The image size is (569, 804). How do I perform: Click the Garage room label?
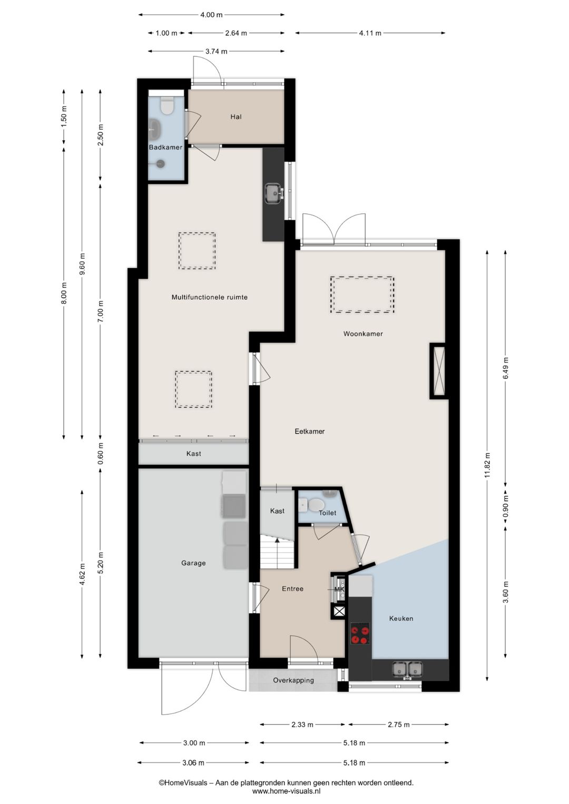193,563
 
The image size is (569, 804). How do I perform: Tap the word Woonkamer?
363,334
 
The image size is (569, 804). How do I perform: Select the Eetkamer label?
309,432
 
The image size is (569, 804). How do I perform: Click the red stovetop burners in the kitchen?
360,634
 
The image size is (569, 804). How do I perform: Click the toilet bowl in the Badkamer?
166,106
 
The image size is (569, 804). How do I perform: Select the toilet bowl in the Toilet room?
314,505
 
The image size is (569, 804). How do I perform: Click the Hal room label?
236,117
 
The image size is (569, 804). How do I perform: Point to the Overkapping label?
293,680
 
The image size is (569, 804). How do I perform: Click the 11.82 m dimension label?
487,466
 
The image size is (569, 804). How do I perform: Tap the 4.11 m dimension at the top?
370,33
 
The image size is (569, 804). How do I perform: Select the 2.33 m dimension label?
302,724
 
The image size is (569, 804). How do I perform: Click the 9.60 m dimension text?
82,264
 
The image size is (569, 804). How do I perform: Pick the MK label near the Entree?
339,590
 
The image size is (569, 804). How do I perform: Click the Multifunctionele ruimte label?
209,297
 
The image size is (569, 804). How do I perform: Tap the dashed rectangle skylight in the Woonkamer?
362,295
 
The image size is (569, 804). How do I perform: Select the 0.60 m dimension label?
101,453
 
